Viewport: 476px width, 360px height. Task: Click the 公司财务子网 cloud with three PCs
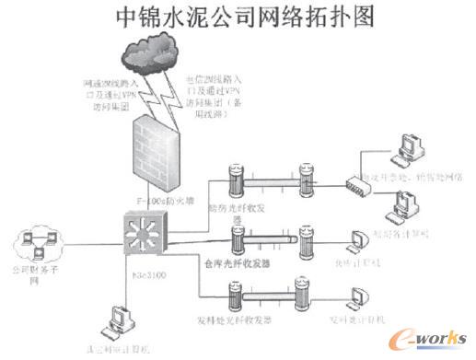(39, 246)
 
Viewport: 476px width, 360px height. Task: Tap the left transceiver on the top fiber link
(237, 179)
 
